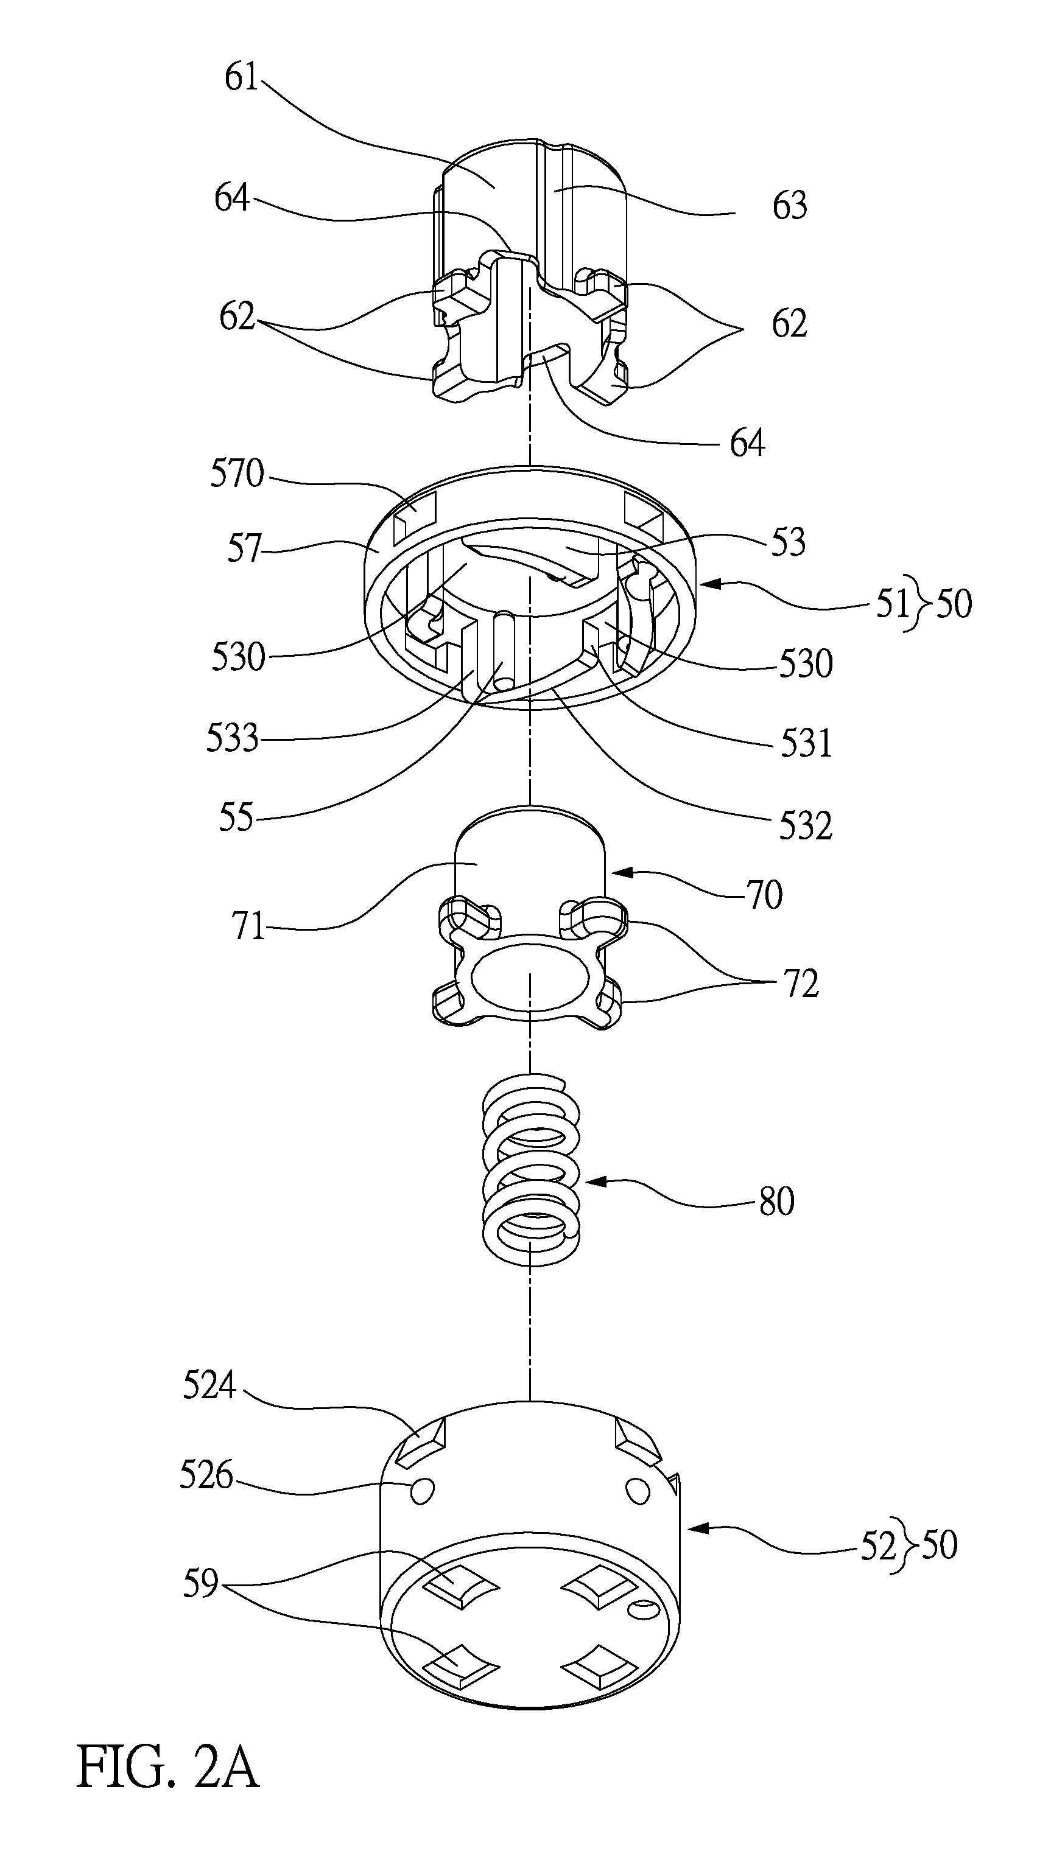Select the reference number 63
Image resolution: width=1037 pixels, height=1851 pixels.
pos(790,206)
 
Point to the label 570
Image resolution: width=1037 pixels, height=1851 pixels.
pos(237,474)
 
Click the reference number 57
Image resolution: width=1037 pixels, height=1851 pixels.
pos(244,548)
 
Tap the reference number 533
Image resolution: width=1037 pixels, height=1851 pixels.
pos(232,737)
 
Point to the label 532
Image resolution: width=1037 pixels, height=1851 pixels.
pos(806,825)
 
